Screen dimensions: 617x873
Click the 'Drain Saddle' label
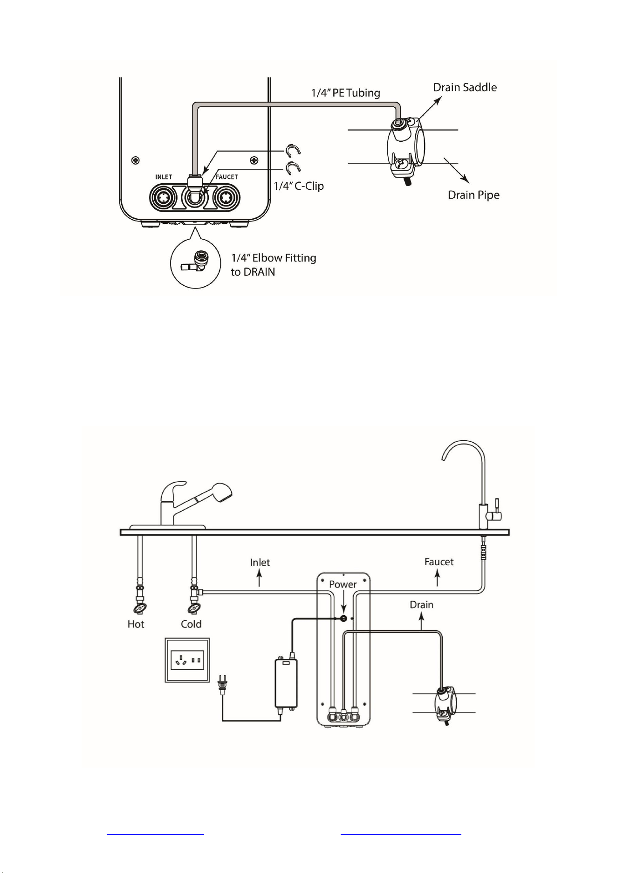click(x=465, y=87)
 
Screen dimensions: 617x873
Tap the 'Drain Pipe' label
click(x=473, y=194)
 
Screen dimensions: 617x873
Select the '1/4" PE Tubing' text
click(x=346, y=93)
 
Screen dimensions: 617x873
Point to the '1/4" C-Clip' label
click(x=299, y=186)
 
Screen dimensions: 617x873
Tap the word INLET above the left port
click(x=164, y=177)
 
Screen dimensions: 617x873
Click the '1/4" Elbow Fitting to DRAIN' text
click(x=274, y=265)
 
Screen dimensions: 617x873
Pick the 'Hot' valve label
click(x=136, y=624)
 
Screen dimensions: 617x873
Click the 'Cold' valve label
click(x=191, y=624)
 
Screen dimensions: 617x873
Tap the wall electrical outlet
click(x=187, y=660)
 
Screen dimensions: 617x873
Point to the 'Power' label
click(x=343, y=584)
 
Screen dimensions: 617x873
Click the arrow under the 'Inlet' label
click(x=260, y=579)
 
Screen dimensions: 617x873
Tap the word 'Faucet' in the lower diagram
click(x=439, y=562)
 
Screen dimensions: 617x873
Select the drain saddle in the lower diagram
click(x=446, y=706)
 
